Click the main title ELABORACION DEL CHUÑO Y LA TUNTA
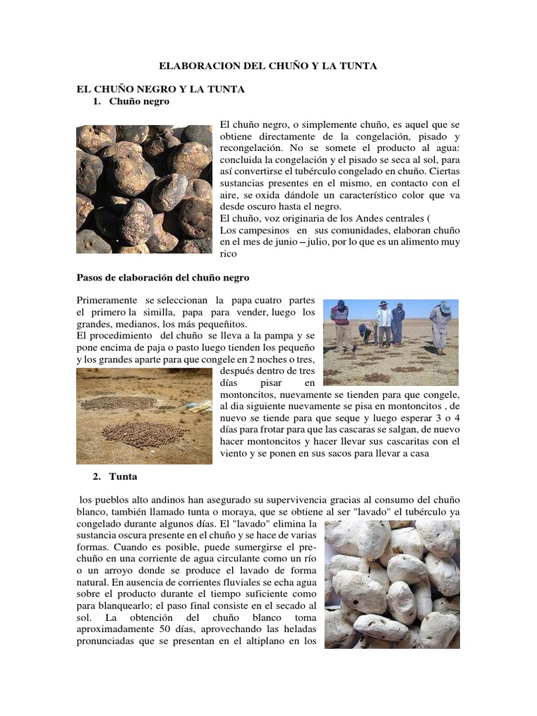pos(268,66)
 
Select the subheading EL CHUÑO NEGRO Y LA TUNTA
pos(160,90)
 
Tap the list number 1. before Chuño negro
pos(98,102)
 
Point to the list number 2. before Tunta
pos(98,476)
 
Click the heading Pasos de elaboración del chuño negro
pos(163,277)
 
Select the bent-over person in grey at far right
pos(442,325)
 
